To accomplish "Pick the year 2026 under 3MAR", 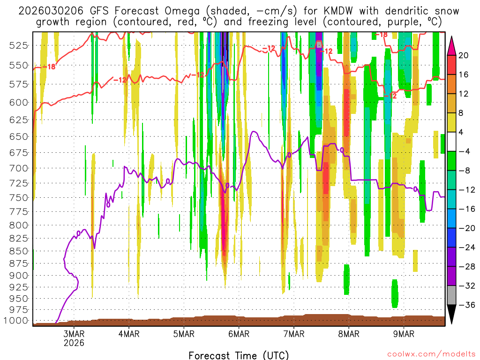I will click(x=74, y=343).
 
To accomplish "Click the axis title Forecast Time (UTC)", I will click(x=239, y=355).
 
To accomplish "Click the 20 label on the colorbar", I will click(x=463, y=55).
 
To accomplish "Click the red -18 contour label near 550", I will click(x=49, y=67).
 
